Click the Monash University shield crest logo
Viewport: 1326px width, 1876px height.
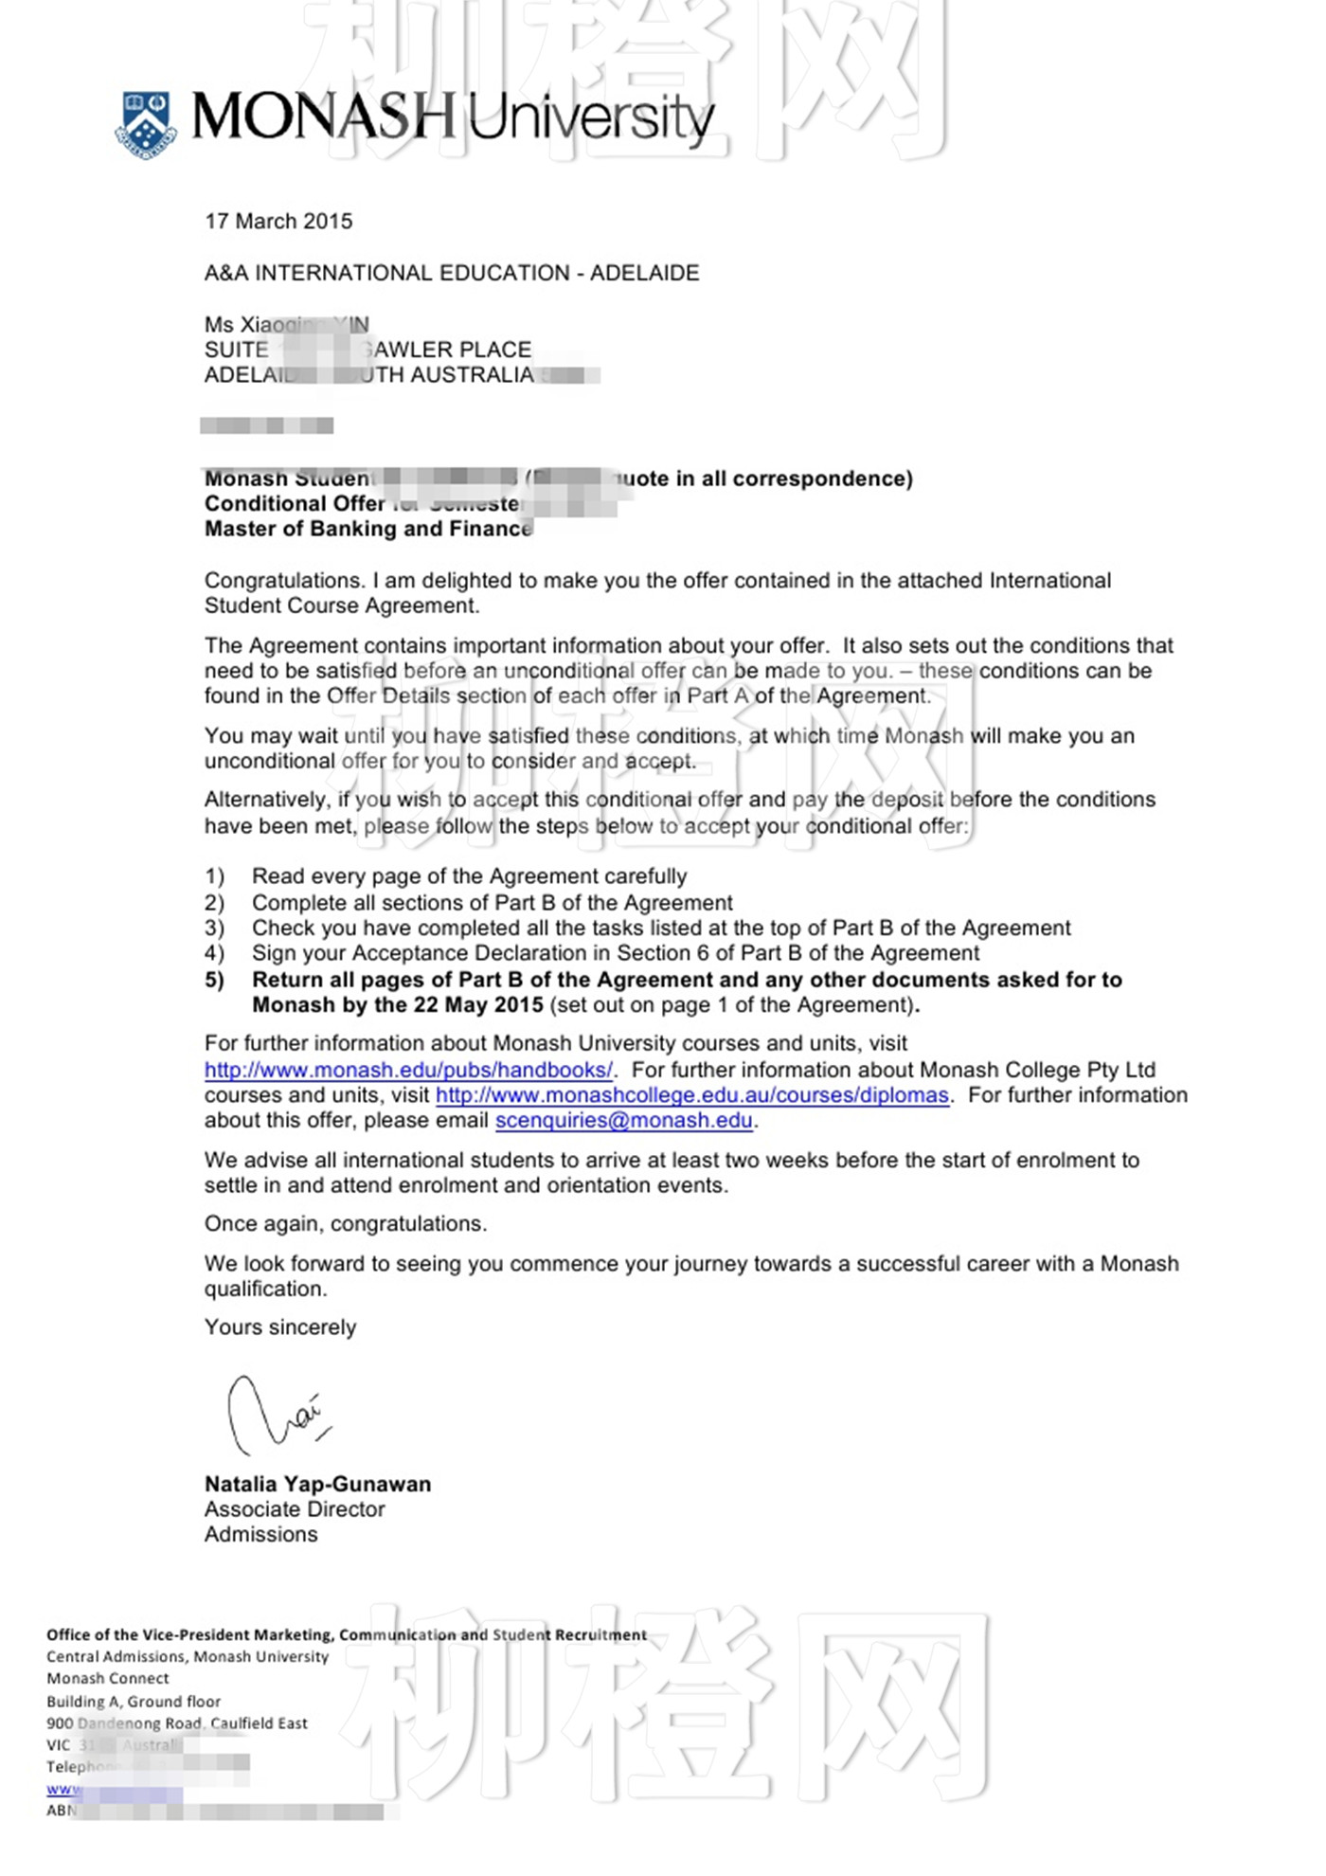pos(146,123)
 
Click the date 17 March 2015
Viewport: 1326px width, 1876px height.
pos(278,222)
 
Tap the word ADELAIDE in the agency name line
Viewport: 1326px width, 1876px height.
pos(644,273)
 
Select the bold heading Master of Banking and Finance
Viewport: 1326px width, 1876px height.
pos(368,529)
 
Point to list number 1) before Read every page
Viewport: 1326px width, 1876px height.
pos(215,876)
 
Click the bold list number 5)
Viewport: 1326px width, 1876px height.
pos(215,980)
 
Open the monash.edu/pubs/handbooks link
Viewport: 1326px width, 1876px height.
pos(408,1070)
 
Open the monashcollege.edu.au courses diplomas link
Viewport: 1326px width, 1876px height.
pos(691,1095)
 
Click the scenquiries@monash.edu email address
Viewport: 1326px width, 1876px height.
pos(623,1121)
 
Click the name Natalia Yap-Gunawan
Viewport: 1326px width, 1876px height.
pos(317,1484)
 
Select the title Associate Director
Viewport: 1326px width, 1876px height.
pos(295,1509)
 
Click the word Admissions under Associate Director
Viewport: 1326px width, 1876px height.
pos(260,1534)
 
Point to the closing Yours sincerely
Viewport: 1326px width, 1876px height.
pos(280,1327)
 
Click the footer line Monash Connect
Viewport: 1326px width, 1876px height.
pos(108,1678)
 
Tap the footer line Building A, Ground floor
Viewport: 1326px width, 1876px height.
pos(134,1702)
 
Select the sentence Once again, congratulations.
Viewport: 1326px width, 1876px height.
pos(346,1224)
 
